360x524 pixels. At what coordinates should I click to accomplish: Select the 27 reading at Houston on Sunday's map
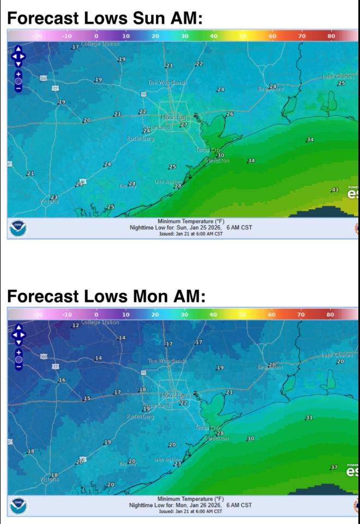click(184, 125)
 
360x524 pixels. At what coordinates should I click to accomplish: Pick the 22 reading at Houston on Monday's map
click(184, 403)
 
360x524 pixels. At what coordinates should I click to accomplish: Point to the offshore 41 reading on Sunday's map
click(335, 190)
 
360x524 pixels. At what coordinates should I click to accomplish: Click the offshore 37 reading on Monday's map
click(334, 468)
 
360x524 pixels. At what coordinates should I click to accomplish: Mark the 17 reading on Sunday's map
click(75, 47)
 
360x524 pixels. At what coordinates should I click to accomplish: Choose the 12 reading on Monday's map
click(75, 326)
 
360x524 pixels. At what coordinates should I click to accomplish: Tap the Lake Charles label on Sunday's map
click(338, 77)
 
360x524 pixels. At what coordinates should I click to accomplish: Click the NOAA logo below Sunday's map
click(19, 227)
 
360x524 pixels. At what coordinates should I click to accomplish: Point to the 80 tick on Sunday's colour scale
click(331, 36)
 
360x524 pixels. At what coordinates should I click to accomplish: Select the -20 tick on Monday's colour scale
click(38, 315)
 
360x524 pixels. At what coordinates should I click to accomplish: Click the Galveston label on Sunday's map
click(218, 161)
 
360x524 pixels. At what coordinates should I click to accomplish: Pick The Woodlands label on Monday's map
click(167, 361)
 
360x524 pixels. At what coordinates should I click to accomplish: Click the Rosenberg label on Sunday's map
click(140, 139)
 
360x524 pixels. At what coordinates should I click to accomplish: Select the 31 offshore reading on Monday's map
click(309, 418)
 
